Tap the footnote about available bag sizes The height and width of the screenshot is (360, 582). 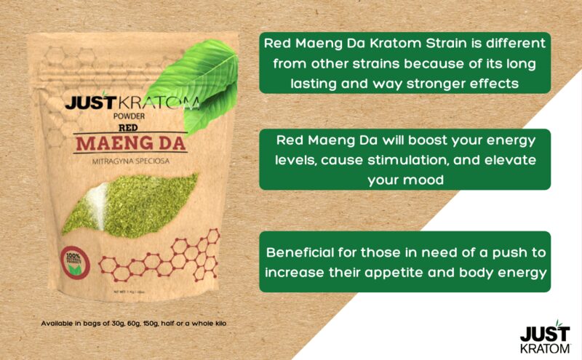point(135,323)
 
